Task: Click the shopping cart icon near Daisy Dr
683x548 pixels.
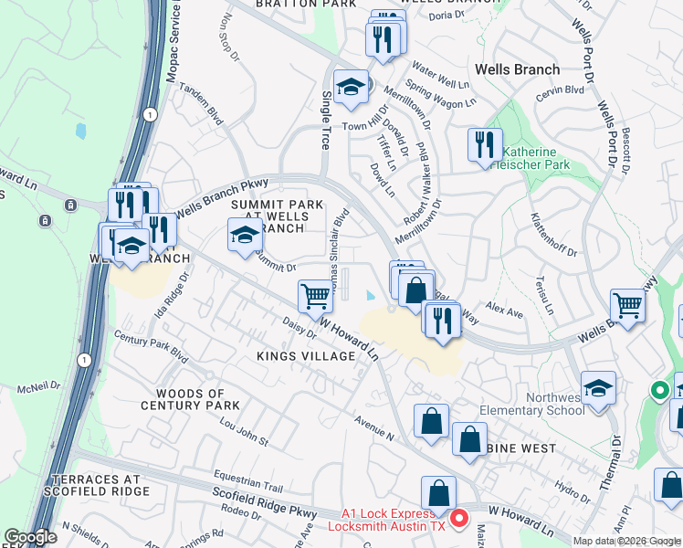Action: pyautogui.click(x=315, y=295)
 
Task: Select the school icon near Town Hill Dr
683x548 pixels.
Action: pyautogui.click(x=351, y=87)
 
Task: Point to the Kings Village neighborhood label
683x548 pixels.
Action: pyautogui.click(x=305, y=355)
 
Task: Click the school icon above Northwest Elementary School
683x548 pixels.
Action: pyautogui.click(x=598, y=387)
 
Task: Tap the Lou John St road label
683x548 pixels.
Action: pyautogui.click(x=239, y=433)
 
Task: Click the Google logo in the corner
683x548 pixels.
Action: pyautogui.click(x=30, y=538)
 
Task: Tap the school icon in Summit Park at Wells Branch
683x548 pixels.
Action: pyautogui.click(x=245, y=235)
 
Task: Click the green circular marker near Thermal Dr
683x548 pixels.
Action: pyautogui.click(x=659, y=392)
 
